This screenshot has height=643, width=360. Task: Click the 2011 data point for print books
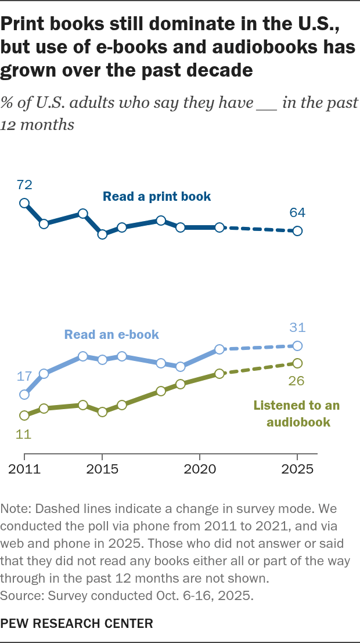[x=24, y=203]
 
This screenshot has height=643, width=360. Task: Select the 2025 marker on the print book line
[x=297, y=231]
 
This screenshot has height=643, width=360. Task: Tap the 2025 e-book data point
[x=297, y=346]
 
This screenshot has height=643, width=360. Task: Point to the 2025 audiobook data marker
[x=297, y=363]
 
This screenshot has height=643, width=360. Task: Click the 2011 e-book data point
[x=24, y=395]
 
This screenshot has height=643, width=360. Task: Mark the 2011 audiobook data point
[x=24, y=416]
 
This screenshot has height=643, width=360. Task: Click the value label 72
[x=24, y=186]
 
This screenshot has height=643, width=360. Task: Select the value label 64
[x=297, y=213]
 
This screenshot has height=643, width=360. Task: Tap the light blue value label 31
[x=297, y=328]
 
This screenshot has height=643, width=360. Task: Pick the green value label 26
[x=297, y=381]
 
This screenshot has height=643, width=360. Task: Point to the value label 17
[x=24, y=376]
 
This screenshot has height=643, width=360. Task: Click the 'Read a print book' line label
[x=157, y=197]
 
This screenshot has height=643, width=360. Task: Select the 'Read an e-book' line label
[x=111, y=334]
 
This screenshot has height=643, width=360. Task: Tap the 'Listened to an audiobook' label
[x=296, y=414]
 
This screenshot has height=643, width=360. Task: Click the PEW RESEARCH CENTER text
[x=78, y=624]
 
